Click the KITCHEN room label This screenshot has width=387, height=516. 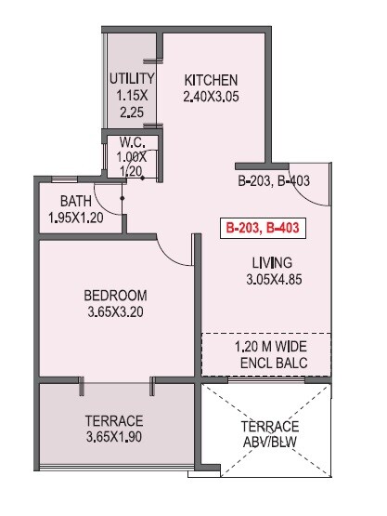point(211,79)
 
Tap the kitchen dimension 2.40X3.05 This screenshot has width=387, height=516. point(211,95)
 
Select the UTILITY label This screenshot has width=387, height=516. point(131,78)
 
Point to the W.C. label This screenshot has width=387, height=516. point(130,143)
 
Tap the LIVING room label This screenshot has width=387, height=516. point(270,262)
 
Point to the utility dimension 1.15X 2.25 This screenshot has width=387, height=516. point(131,103)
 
